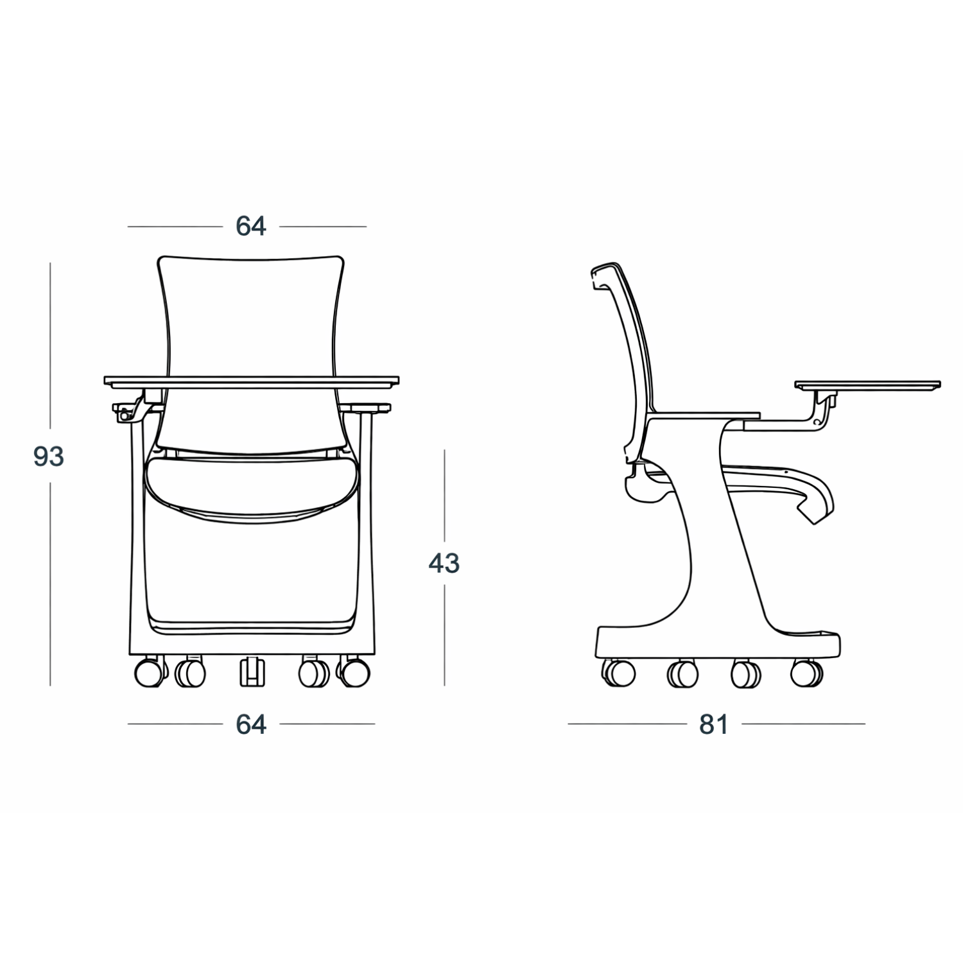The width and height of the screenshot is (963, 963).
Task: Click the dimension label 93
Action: (49, 456)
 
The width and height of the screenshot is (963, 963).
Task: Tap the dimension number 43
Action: (444, 563)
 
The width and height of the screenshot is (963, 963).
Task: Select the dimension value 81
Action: (713, 724)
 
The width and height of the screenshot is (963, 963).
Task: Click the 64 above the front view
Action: (250, 226)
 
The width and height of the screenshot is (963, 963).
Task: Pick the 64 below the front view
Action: (250, 724)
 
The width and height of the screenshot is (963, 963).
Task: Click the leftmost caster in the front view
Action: (148, 673)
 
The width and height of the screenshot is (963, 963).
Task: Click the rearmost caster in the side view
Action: (619, 672)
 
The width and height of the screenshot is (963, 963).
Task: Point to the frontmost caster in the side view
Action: (806, 672)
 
